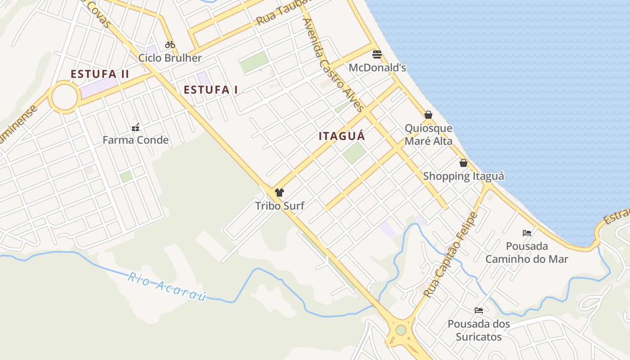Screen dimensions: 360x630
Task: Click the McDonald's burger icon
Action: click(x=377, y=55)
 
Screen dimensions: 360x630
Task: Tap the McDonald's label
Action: click(x=378, y=68)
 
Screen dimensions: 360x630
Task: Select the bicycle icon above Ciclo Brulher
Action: click(x=170, y=45)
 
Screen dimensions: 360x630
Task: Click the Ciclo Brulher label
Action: click(x=170, y=58)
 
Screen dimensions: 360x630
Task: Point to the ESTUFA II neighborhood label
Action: click(x=100, y=74)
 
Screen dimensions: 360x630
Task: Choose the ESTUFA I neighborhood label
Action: click(x=211, y=90)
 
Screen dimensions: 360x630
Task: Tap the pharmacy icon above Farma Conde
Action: click(x=135, y=127)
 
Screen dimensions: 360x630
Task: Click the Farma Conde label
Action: click(x=135, y=140)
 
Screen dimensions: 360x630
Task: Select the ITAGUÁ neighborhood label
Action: click(x=342, y=136)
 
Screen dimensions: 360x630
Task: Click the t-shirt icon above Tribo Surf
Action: click(x=279, y=193)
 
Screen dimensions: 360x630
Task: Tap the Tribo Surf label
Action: click(x=280, y=206)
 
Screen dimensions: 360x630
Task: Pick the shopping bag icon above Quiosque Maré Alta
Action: click(x=428, y=115)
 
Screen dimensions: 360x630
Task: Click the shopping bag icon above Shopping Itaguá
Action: click(x=463, y=163)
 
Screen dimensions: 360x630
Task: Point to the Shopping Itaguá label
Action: click(x=463, y=176)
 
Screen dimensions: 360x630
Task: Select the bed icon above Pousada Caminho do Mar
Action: click(x=527, y=233)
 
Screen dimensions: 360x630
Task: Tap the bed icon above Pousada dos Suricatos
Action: click(x=479, y=310)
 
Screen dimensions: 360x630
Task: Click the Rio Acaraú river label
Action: click(x=167, y=287)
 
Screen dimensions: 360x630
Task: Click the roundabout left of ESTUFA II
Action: click(x=64, y=97)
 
